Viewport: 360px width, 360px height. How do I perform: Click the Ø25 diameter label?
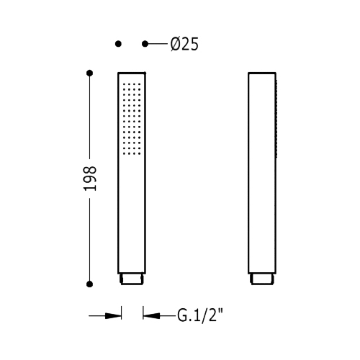184,45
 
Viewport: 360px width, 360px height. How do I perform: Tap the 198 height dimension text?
90,179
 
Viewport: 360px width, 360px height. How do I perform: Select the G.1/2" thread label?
200,315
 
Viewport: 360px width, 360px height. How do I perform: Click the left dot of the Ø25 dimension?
118,44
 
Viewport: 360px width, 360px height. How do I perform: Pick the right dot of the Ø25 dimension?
145,44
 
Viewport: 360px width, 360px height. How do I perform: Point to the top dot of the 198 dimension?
89,73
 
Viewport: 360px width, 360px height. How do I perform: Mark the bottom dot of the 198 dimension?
89,284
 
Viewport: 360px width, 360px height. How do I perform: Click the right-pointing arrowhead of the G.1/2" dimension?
113,315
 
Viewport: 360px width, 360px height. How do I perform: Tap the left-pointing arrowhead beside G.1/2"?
151,315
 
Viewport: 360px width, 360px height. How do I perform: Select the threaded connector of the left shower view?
132,279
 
